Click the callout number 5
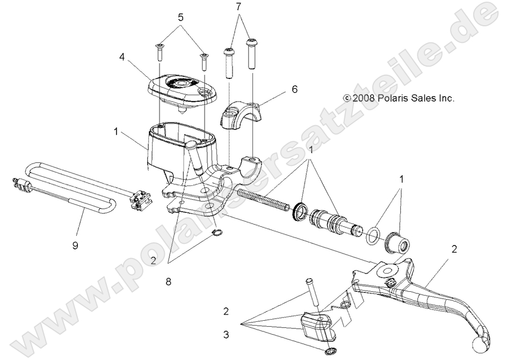[181, 17]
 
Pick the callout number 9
[75, 246]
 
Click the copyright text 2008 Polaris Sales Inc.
[399, 98]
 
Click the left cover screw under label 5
[160, 52]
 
